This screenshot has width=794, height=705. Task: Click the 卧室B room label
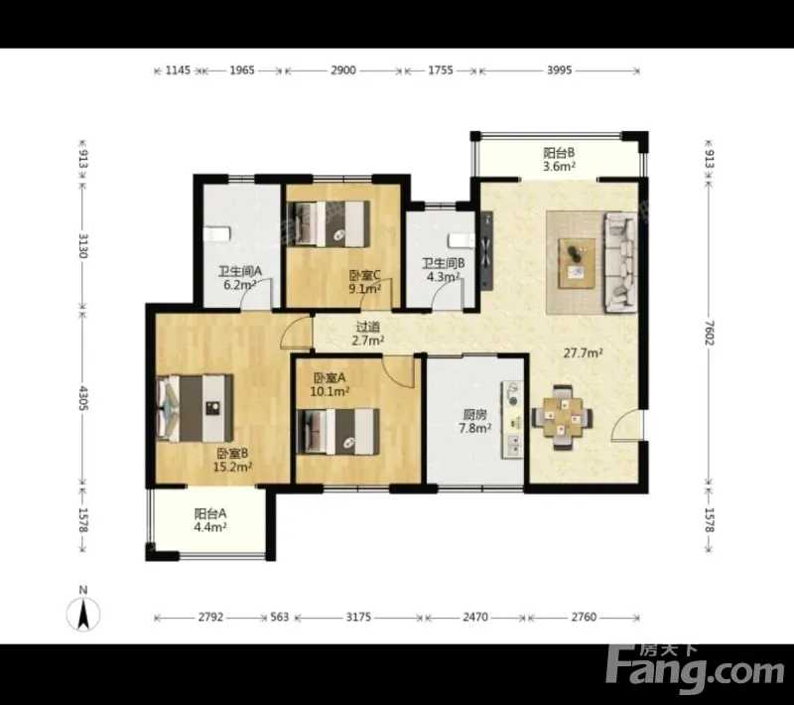(x=233, y=454)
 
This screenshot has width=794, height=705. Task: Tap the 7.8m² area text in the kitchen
(x=475, y=429)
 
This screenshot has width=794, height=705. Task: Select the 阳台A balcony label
(x=210, y=513)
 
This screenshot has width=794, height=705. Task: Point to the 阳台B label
(x=559, y=153)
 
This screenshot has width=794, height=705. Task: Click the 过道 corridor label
(x=368, y=327)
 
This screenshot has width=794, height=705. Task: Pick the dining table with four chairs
(x=562, y=417)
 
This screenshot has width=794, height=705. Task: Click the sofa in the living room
(x=620, y=262)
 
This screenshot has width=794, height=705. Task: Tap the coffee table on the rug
(x=577, y=263)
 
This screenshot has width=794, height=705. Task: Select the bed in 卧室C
(x=329, y=223)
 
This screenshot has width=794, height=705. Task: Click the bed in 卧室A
(x=337, y=432)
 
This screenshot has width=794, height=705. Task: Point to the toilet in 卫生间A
(x=216, y=234)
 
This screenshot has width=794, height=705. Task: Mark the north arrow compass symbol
(x=83, y=614)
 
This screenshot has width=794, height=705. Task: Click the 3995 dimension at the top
(x=559, y=70)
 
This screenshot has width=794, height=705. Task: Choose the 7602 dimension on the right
(x=709, y=333)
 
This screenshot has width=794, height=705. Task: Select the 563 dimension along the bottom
(x=280, y=617)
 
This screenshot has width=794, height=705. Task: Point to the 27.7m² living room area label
(x=583, y=353)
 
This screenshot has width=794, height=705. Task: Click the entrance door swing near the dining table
(x=628, y=426)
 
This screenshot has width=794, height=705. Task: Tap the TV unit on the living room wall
(x=486, y=251)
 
